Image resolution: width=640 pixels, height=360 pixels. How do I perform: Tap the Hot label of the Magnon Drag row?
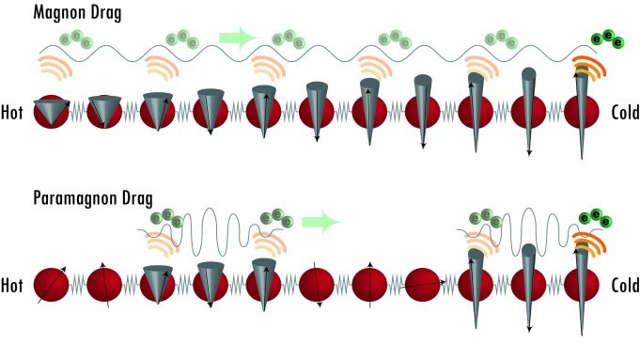coord(16,111)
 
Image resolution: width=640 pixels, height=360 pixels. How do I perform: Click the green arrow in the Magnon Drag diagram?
coord(238,39)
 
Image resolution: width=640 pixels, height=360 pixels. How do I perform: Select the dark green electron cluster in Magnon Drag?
coord(606,39)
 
